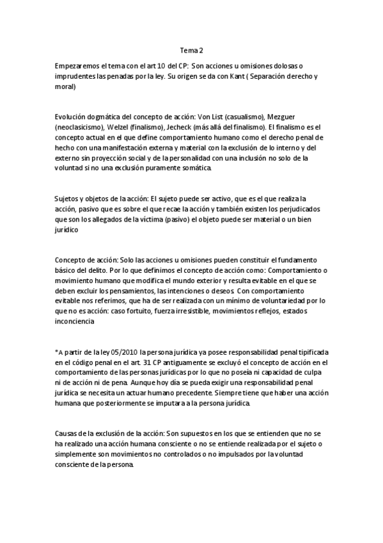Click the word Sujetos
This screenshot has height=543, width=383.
tap(68, 199)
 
